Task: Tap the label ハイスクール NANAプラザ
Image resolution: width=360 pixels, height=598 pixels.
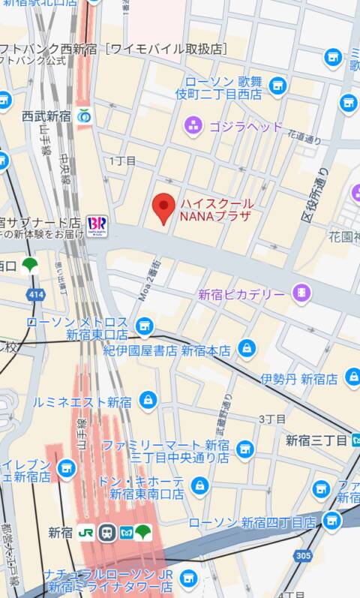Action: (x=216, y=209)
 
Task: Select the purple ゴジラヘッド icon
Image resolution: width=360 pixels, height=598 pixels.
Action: (x=194, y=126)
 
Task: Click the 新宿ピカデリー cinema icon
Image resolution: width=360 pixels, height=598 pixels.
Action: (x=301, y=293)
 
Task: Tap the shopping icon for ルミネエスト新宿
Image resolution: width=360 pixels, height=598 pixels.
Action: (x=148, y=399)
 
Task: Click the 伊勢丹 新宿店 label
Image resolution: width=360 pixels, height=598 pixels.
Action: (x=299, y=378)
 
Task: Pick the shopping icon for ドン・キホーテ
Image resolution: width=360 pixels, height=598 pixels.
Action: (x=199, y=485)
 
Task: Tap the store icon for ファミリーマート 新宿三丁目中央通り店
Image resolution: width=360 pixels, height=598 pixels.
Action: (x=244, y=449)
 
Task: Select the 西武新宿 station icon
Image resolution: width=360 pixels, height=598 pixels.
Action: (x=85, y=116)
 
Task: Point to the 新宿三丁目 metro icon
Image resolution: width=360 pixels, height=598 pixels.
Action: (x=355, y=439)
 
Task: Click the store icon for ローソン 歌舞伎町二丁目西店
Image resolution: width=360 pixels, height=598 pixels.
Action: (x=277, y=86)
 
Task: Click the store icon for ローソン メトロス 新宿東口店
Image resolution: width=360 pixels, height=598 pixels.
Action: (x=144, y=326)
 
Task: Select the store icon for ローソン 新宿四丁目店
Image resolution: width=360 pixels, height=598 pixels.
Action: (x=331, y=521)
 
